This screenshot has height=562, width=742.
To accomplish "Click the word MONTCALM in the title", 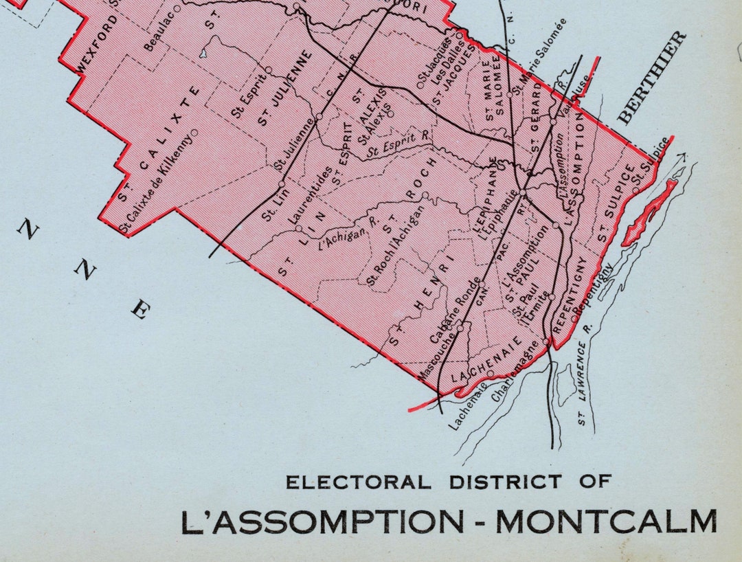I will (x=606, y=522).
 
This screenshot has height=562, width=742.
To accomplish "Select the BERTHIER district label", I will (x=652, y=78).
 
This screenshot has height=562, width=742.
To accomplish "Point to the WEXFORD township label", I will (x=96, y=43).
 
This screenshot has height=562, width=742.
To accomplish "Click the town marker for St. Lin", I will (x=282, y=184).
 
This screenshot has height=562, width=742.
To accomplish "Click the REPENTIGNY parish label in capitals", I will (x=570, y=296).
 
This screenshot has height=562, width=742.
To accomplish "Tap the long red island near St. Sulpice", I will (x=649, y=213).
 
